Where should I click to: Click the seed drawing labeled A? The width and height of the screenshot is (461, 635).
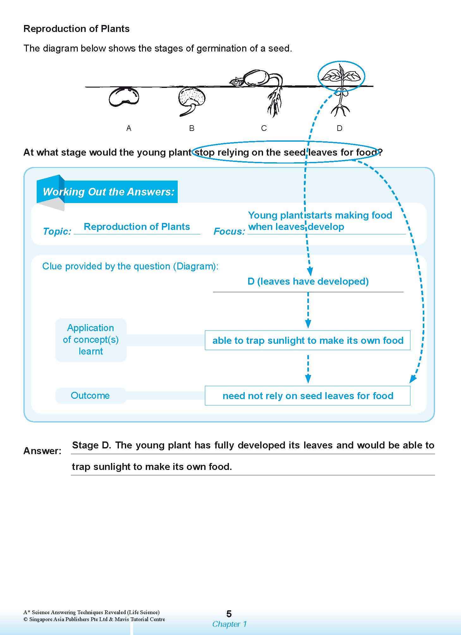pos(124,97)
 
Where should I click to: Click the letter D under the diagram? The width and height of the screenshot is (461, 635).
pos(339,128)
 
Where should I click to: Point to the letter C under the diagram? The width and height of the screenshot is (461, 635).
pos(264,128)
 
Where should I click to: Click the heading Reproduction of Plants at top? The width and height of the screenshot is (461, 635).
pos(77,29)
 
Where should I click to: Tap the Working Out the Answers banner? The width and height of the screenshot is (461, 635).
pos(108,192)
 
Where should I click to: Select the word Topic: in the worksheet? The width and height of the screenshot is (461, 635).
pos(57,231)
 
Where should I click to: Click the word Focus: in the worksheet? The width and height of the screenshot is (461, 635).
pos(229,231)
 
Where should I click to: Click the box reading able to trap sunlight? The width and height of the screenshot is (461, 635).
pos(307,340)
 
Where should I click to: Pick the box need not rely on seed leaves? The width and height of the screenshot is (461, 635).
pos(307,396)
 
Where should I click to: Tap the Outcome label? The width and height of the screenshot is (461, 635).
pos(90,396)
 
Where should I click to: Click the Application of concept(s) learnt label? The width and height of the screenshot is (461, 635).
pos(91,340)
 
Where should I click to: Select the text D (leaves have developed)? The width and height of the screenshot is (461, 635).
pos(308,281)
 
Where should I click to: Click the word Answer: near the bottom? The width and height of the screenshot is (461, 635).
pos(42,451)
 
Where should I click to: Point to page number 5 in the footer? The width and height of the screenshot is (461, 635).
pos(229,614)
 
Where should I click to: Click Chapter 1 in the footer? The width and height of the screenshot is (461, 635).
pos(229,624)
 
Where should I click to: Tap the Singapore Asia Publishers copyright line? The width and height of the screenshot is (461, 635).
pos(94,620)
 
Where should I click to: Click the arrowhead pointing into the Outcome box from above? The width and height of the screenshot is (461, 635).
pos(308,379)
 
